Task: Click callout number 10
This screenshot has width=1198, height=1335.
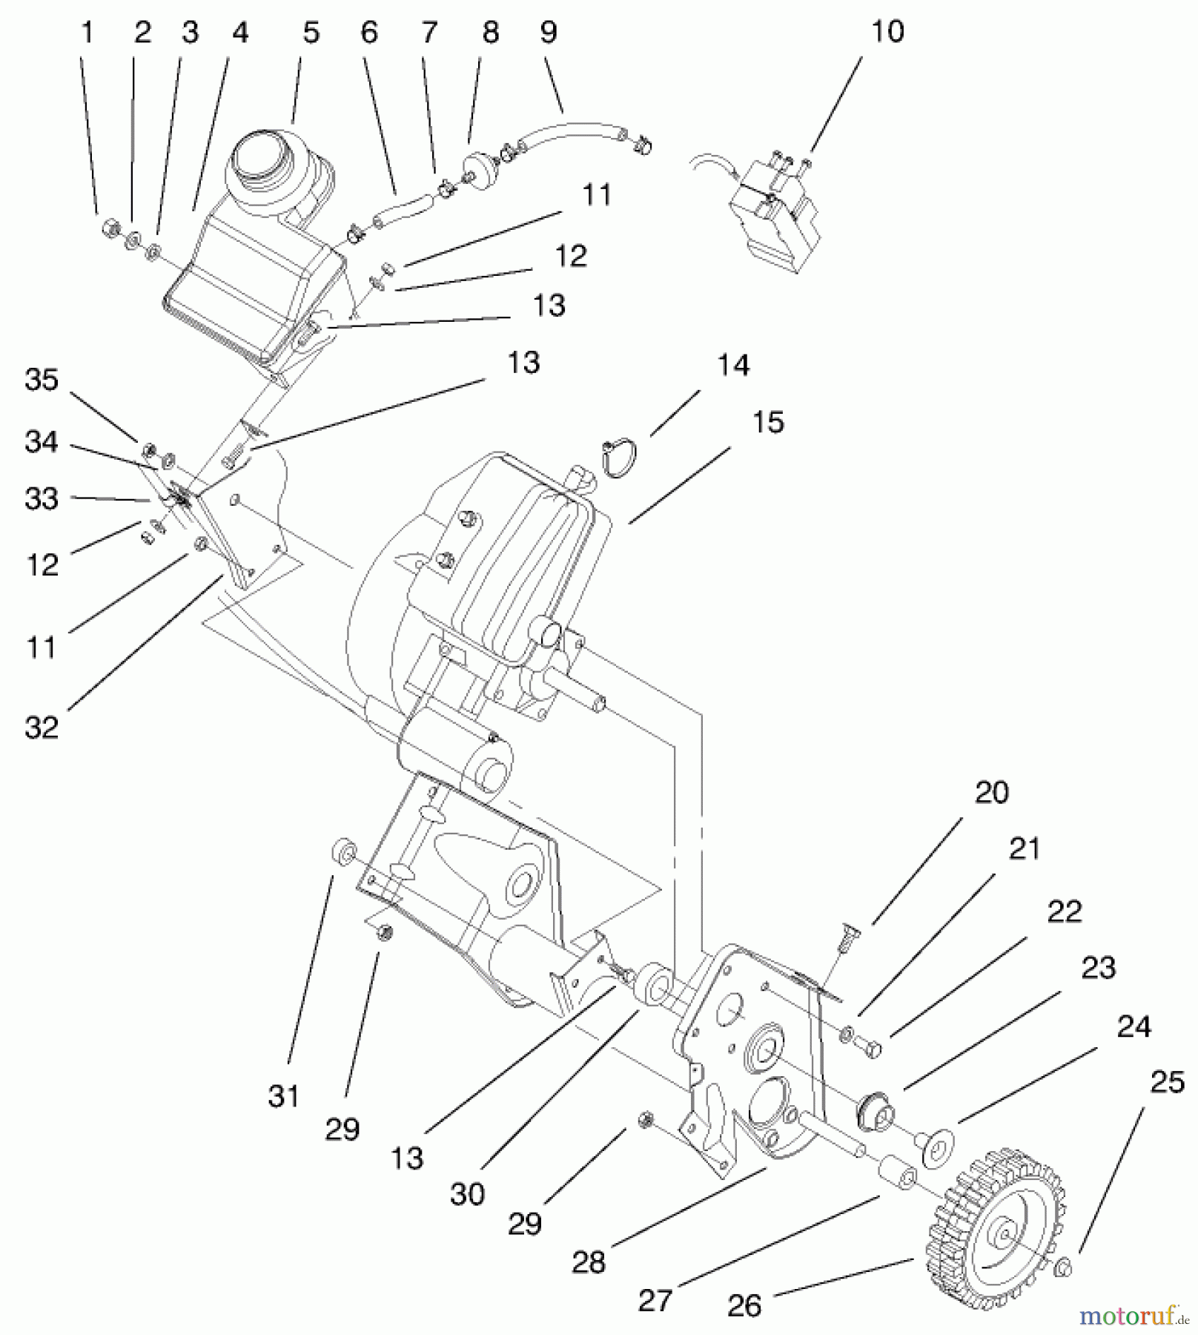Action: pyautogui.click(x=887, y=32)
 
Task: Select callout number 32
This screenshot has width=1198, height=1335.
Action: pyautogui.click(x=42, y=727)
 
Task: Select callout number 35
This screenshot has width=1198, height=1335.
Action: pyautogui.click(x=42, y=380)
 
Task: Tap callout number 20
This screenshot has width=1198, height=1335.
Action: pyautogui.click(x=991, y=793)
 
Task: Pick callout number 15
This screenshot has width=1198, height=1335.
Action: pyautogui.click(x=768, y=422)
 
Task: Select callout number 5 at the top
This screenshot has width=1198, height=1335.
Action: pyautogui.click(x=311, y=33)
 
